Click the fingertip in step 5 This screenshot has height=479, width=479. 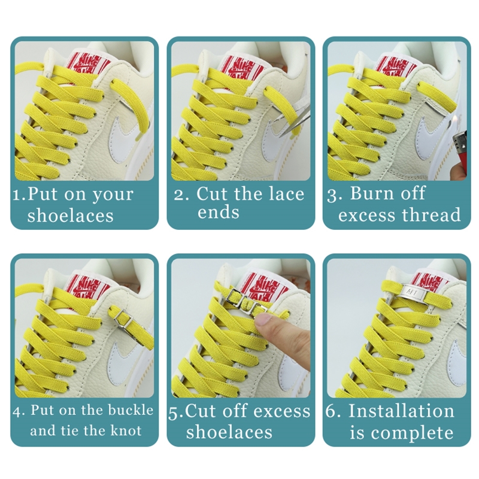[263, 321]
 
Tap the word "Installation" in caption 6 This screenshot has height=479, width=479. [401, 410]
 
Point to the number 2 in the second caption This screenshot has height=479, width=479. [178, 195]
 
